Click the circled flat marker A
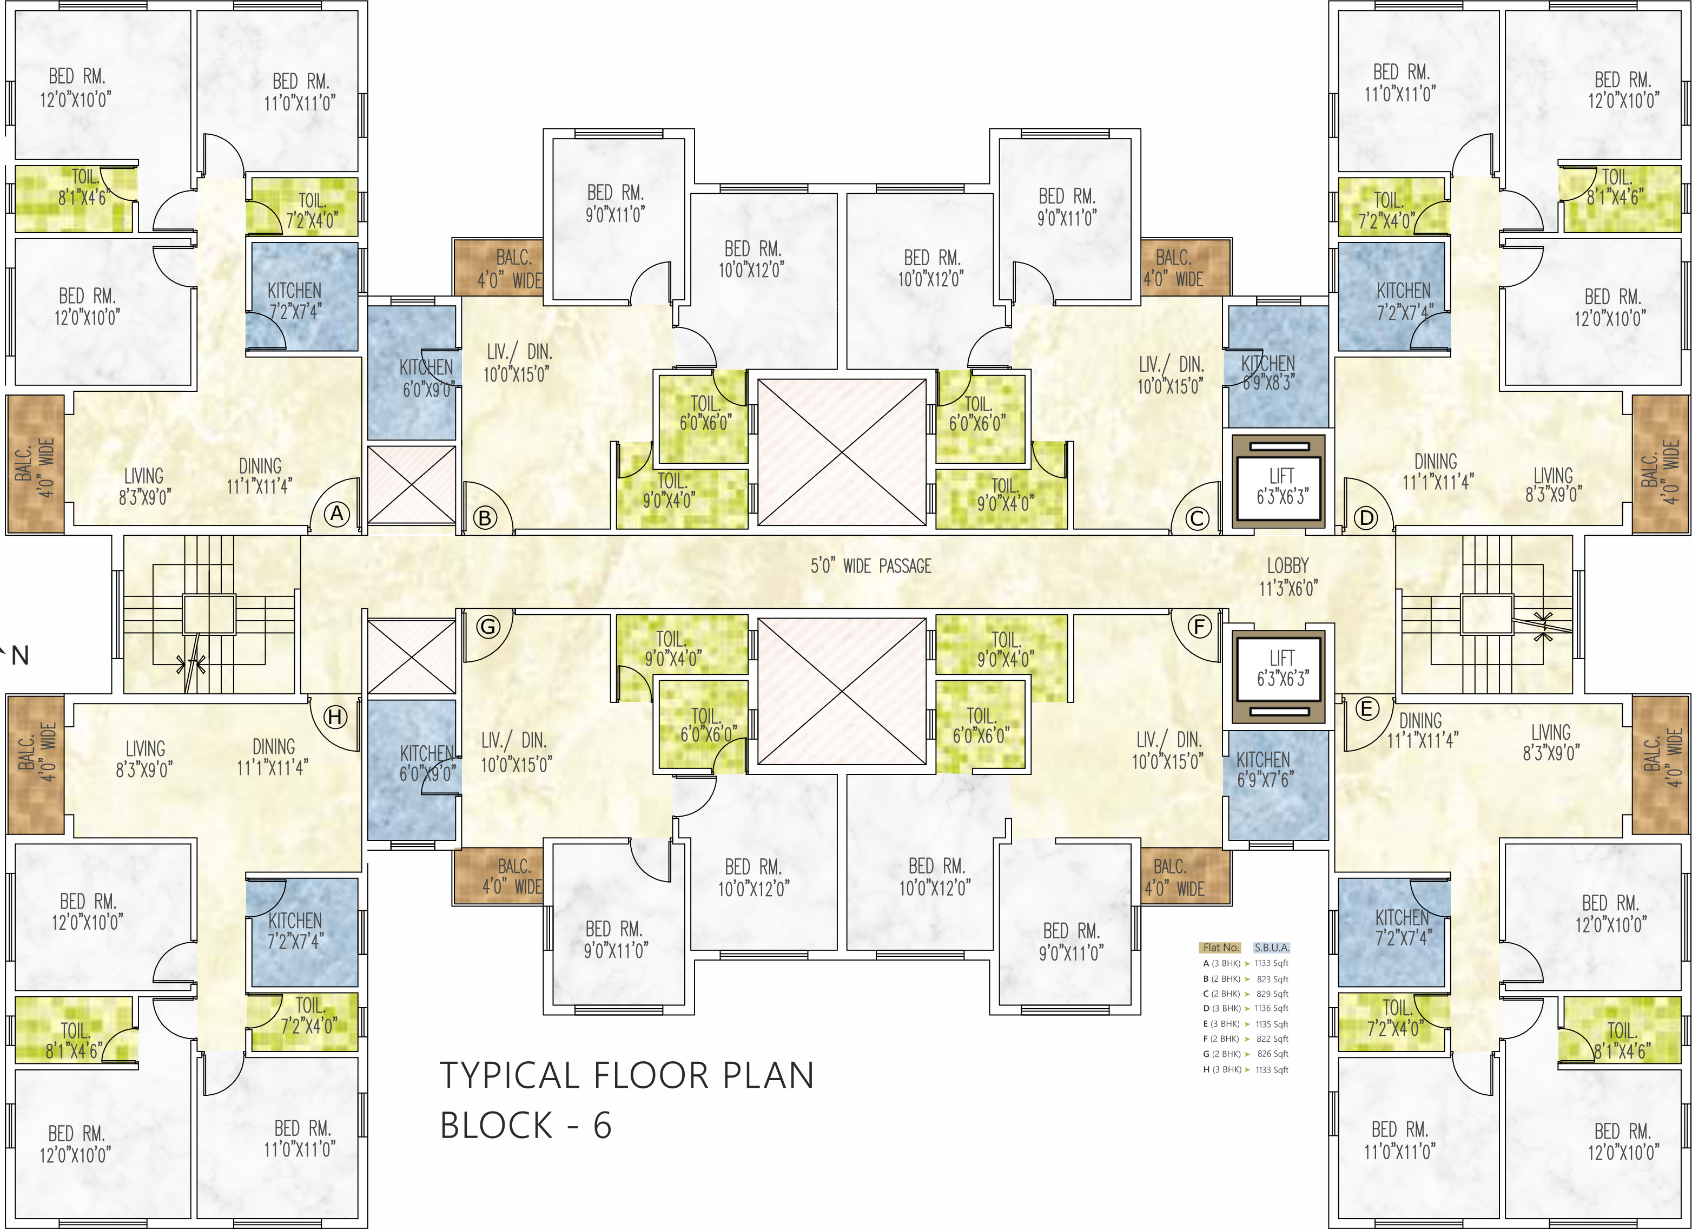[337, 514]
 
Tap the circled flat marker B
[485, 518]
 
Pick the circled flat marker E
[1367, 709]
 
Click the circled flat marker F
[1200, 627]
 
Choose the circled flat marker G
[488, 627]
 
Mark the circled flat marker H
[336, 717]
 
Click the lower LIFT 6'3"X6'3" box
[1279, 677]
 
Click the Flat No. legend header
[1220, 948]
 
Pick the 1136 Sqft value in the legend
[1271, 1008]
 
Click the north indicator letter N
[20, 656]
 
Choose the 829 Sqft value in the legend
[1272, 994]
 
